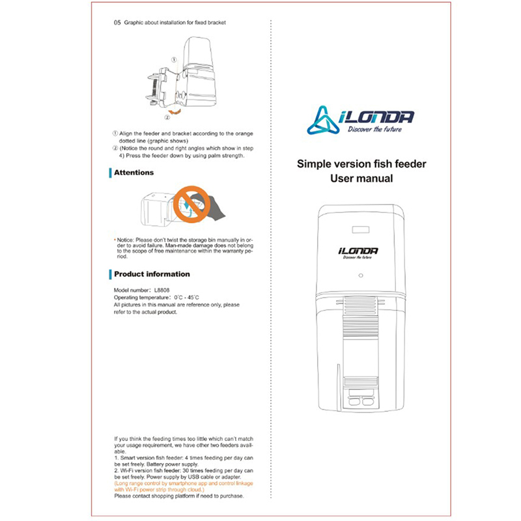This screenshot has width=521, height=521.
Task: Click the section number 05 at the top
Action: [117, 21]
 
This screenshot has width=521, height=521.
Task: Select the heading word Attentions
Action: [134, 173]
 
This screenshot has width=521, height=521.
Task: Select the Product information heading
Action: [152, 274]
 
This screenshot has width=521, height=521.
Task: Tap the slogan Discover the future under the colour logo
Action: [373, 130]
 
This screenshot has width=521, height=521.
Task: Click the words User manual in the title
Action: [361, 178]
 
